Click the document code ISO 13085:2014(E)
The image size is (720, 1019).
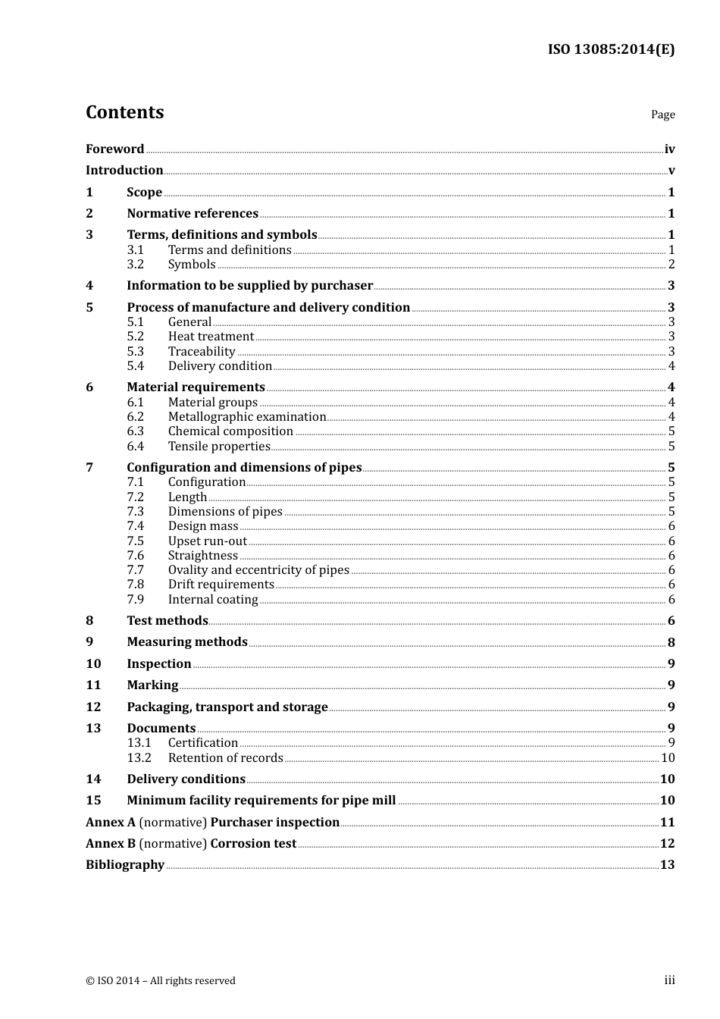(x=611, y=50)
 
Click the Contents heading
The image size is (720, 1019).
(x=124, y=112)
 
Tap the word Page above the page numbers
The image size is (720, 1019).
(x=662, y=114)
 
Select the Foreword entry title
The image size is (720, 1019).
(x=114, y=149)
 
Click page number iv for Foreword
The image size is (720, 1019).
(x=669, y=149)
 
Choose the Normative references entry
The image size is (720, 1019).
(x=193, y=214)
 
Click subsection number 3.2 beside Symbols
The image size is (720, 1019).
(x=135, y=265)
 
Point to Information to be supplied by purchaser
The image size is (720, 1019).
(x=249, y=286)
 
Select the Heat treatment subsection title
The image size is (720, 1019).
(x=211, y=337)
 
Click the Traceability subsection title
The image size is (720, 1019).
(x=202, y=352)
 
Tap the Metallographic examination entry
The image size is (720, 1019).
(x=246, y=417)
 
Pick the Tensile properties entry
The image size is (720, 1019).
(x=219, y=447)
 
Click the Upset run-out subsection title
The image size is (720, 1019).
(x=207, y=541)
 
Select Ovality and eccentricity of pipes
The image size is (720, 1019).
(x=258, y=570)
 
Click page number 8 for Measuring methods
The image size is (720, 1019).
(x=671, y=643)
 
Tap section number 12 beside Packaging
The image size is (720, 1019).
(x=93, y=707)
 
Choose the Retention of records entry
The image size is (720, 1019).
(x=225, y=758)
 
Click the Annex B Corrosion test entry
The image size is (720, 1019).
(x=191, y=844)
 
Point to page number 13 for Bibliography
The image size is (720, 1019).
(x=667, y=865)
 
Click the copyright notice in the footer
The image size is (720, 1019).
(x=161, y=981)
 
